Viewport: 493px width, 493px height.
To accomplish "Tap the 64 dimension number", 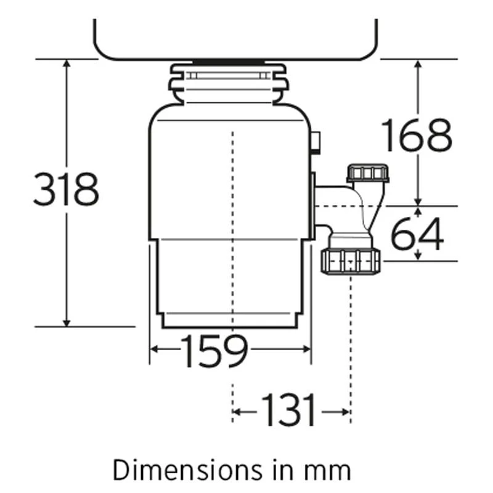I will pos(417,234).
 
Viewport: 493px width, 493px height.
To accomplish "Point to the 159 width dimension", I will pos(214,351).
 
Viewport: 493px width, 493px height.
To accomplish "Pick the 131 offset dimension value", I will pos(288,410).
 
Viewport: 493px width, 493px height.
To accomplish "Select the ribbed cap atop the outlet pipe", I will pos(368,172).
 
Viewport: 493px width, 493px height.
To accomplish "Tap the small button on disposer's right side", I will pos(316,142).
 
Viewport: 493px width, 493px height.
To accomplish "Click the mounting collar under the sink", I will pos(228,83).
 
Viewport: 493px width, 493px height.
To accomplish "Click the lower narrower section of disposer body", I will pos(229,283).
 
